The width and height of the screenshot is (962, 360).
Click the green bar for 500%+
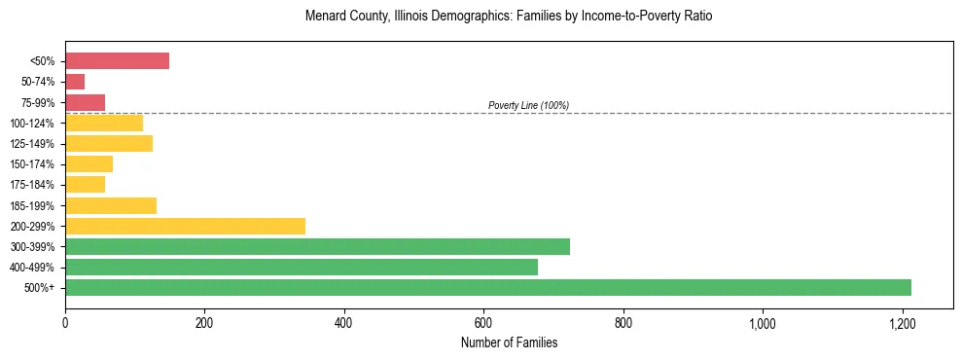click(487, 287)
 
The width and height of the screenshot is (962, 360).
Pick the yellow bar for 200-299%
click(185, 226)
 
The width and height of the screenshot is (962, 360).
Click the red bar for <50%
click(117, 61)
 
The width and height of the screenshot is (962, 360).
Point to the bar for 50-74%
click(75, 82)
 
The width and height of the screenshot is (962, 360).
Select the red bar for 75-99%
click(85, 102)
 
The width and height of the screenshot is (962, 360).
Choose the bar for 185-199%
click(111, 205)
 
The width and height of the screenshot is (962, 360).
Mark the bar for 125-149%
click(109, 144)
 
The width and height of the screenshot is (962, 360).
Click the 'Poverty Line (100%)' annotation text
click(528, 105)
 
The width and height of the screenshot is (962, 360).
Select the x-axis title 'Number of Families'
click(509, 342)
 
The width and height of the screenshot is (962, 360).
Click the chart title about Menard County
click(509, 17)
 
